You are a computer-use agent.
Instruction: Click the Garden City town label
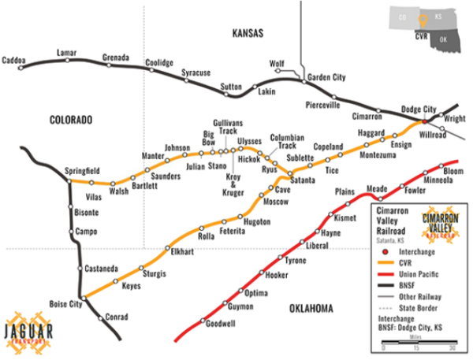coord(326,78)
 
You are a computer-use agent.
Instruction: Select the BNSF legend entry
coord(407,284)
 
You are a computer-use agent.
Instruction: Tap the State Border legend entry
coord(418,306)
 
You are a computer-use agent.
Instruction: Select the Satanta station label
coord(304,180)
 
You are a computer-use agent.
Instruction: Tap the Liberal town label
coord(316,246)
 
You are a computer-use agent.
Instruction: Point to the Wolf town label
coord(277,62)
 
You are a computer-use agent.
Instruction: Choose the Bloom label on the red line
coord(453,171)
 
